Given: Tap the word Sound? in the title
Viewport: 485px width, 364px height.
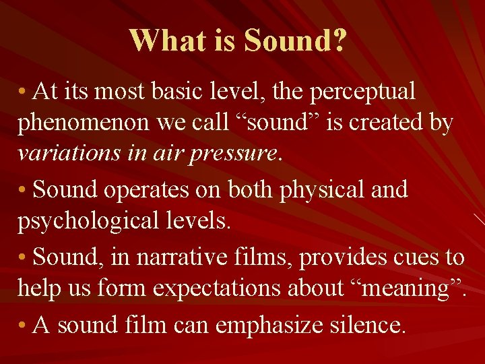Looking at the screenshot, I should tap(296, 42).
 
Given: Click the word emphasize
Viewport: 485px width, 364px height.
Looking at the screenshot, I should tap(263, 326).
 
